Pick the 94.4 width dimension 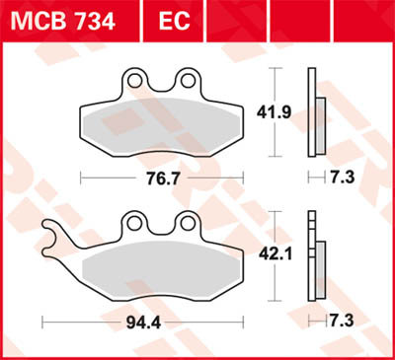point(144,322)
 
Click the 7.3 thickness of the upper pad point(341,179)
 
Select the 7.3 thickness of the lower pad point(341,322)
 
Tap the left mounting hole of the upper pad point(137,79)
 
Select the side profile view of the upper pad point(315,113)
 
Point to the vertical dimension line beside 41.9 point(276,113)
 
